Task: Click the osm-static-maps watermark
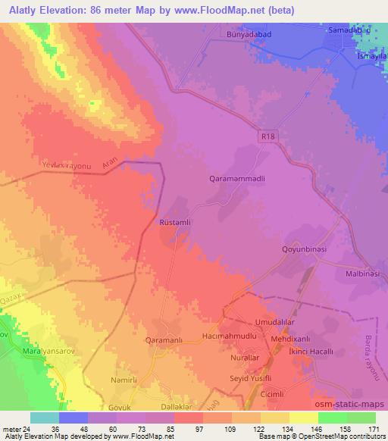tap(356, 405)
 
